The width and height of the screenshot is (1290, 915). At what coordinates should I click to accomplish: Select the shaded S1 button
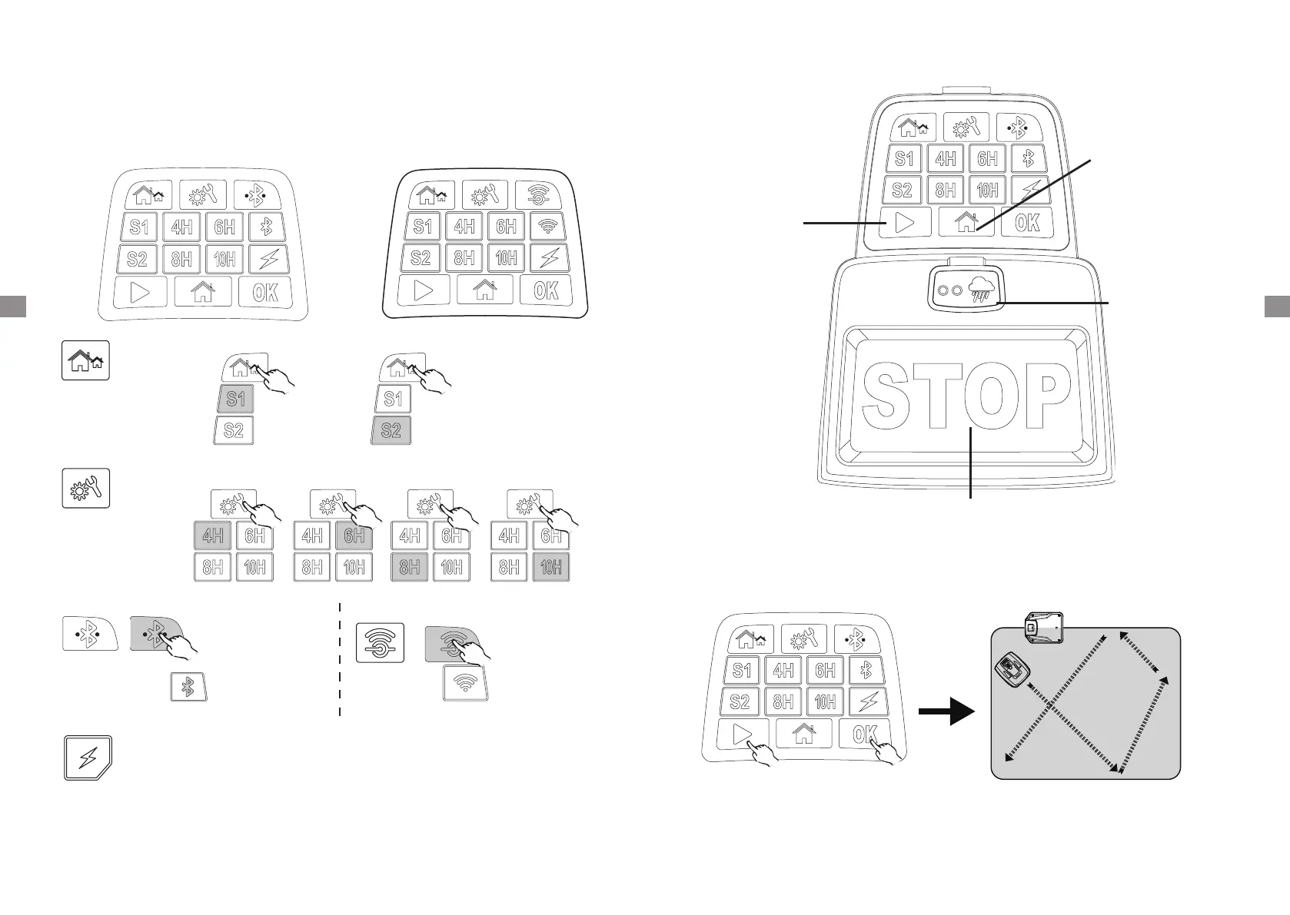click(235, 399)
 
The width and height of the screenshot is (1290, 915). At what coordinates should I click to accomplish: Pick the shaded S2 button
click(391, 429)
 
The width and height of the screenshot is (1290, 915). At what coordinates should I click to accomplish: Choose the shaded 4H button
click(212, 535)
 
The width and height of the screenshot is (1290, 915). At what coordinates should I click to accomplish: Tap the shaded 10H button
click(550, 567)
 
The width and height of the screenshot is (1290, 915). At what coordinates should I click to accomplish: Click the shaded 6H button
click(354, 535)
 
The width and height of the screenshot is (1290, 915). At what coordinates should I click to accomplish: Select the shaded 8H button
click(410, 567)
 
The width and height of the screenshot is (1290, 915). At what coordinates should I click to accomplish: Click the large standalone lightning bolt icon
click(88, 758)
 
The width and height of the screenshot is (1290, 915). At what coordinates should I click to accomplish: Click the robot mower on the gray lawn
click(1011, 671)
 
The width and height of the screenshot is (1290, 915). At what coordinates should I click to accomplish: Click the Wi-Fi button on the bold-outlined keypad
click(548, 227)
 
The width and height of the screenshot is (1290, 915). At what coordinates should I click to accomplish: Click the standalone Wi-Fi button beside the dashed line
click(466, 682)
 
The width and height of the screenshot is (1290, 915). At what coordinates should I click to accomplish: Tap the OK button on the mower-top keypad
click(1028, 223)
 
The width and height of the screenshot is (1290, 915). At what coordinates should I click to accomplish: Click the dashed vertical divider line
click(340, 661)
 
